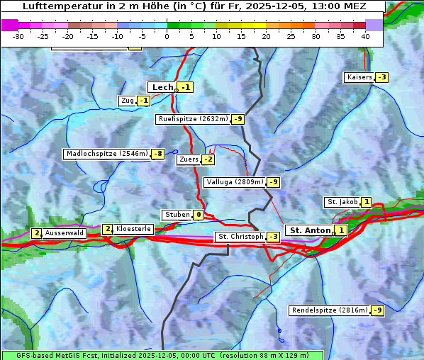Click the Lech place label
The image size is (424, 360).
point(162,87)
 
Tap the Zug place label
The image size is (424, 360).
point(127,101)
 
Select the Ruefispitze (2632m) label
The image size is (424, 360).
point(193,119)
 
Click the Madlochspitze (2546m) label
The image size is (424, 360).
point(106,154)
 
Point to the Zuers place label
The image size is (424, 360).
point(188,159)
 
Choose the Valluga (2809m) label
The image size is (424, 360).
point(234,182)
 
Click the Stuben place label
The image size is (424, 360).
point(177,215)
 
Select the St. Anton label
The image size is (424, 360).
point(311,230)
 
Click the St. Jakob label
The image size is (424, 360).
point(341,202)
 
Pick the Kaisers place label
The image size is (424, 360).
point(359,77)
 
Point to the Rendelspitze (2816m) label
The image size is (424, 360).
point(330,310)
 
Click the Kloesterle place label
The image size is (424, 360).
point(133,229)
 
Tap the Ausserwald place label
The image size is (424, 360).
point(65,233)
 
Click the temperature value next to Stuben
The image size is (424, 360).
point(199,215)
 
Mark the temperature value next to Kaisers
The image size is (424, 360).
point(381,77)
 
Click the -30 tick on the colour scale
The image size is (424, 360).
point(18,35)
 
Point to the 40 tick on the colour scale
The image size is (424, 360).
point(365,35)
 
